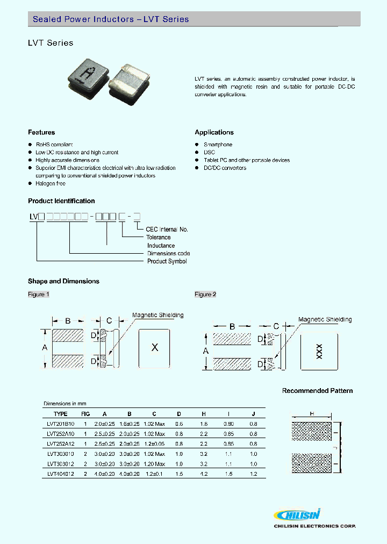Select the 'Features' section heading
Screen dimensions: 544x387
pyautogui.click(x=41, y=132)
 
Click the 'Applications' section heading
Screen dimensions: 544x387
pyautogui.click(x=214, y=132)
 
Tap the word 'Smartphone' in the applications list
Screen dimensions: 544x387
pyautogui.click(x=218, y=145)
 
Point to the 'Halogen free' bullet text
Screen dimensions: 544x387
pyautogui.click(x=51, y=184)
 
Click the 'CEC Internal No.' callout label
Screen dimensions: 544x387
pyautogui.click(x=167, y=230)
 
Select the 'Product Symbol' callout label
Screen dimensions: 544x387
pyautogui.click(x=167, y=261)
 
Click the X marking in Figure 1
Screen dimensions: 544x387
pyautogui.click(x=154, y=347)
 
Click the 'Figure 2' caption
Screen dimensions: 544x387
pyautogui.click(x=205, y=295)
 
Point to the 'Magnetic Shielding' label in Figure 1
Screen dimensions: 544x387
pyautogui.click(x=157, y=316)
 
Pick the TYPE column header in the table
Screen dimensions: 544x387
pyautogui.click(x=61, y=414)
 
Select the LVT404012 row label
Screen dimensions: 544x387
pyautogui.click(x=61, y=474)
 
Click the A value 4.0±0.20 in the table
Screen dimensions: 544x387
pyautogui.click(x=105, y=474)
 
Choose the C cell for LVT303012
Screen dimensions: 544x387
pyautogui.click(x=154, y=463)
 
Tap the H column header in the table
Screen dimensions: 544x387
pyautogui.click(x=204, y=414)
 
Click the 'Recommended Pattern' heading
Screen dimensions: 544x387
pyautogui.click(x=317, y=391)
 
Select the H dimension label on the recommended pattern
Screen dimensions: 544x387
pyautogui.click(x=311, y=413)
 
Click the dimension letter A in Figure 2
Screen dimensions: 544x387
pyautogui.click(x=205, y=350)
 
